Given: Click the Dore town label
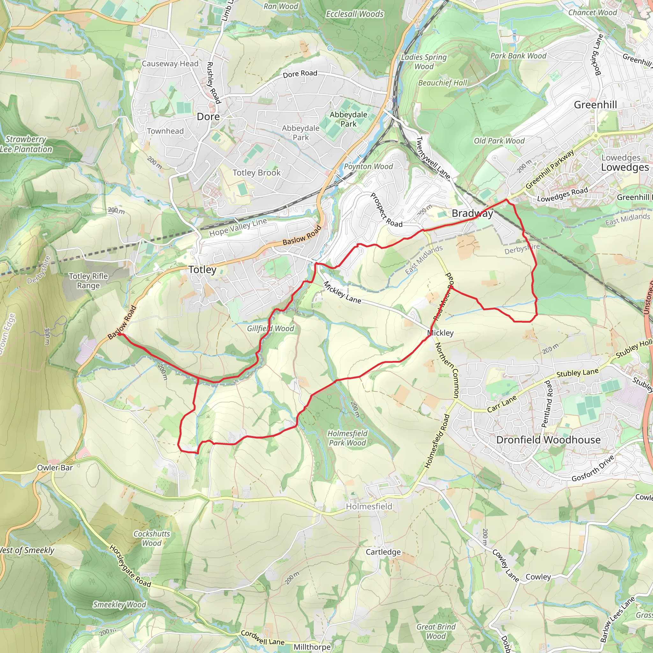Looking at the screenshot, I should pyautogui.click(x=208, y=117).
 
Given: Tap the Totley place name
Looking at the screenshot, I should pyautogui.click(x=202, y=270).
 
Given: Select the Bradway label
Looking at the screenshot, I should pyautogui.click(x=472, y=213).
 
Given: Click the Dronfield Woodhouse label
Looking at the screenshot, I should pyautogui.click(x=548, y=440).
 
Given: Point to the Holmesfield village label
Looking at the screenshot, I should pyautogui.click(x=369, y=506).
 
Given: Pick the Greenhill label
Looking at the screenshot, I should pyautogui.click(x=595, y=105).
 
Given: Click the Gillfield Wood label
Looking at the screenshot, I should pyautogui.click(x=270, y=328).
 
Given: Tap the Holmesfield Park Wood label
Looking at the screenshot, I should pyautogui.click(x=347, y=438).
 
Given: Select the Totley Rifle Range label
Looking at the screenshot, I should pyautogui.click(x=88, y=281).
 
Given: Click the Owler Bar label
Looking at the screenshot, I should pyautogui.click(x=55, y=468).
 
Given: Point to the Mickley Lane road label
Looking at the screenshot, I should pyautogui.click(x=342, y=293).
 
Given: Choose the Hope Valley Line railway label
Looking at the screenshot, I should pyautogui.click(x=238, y=227).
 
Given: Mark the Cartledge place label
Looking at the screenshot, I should pyautogui.click(x=383, y=552).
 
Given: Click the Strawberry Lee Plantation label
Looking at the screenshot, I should pyautogui.click(x=26, y=144).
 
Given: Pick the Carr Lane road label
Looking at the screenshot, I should pyautogui.click(x=502, y=404).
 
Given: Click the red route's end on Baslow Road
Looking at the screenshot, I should pyautogui.click(x=119, y=334).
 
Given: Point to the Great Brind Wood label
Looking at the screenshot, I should pyautogui.click(x=436, y=631).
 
